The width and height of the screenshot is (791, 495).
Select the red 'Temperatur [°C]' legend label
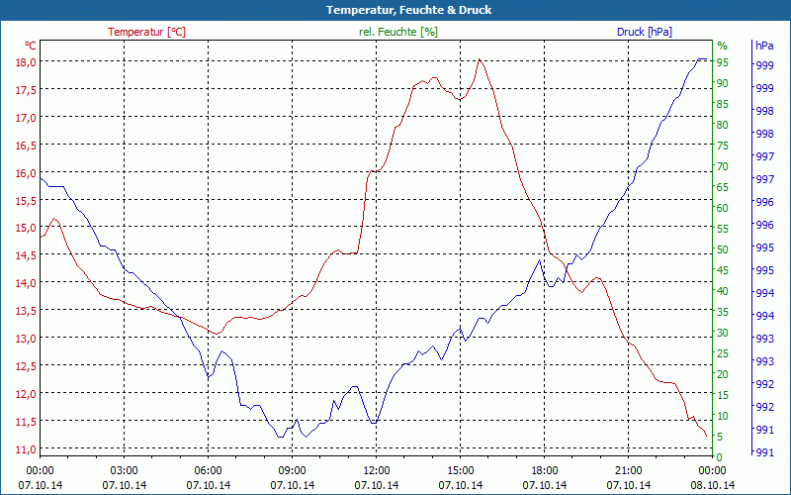click(146, 32)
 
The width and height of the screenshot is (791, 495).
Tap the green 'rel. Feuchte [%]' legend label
click(397, 32)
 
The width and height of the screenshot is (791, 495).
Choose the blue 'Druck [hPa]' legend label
click(644, 32)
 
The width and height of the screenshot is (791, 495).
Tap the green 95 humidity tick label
click(723, 61)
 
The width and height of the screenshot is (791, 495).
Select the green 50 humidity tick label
click(723, 248)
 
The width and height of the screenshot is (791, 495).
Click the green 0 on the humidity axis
click(720, 456)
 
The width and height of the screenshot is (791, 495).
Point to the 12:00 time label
click(376, 470)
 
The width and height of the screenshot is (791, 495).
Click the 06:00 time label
click(208, 470)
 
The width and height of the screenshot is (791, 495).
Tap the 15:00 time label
click(460, 470)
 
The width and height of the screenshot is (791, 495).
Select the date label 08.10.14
click(712, 485)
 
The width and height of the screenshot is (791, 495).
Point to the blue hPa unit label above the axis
click(763, 46)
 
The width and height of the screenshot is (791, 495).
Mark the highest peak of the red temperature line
click(480, 59)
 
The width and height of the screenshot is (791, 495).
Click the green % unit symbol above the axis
click(722, 46)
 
